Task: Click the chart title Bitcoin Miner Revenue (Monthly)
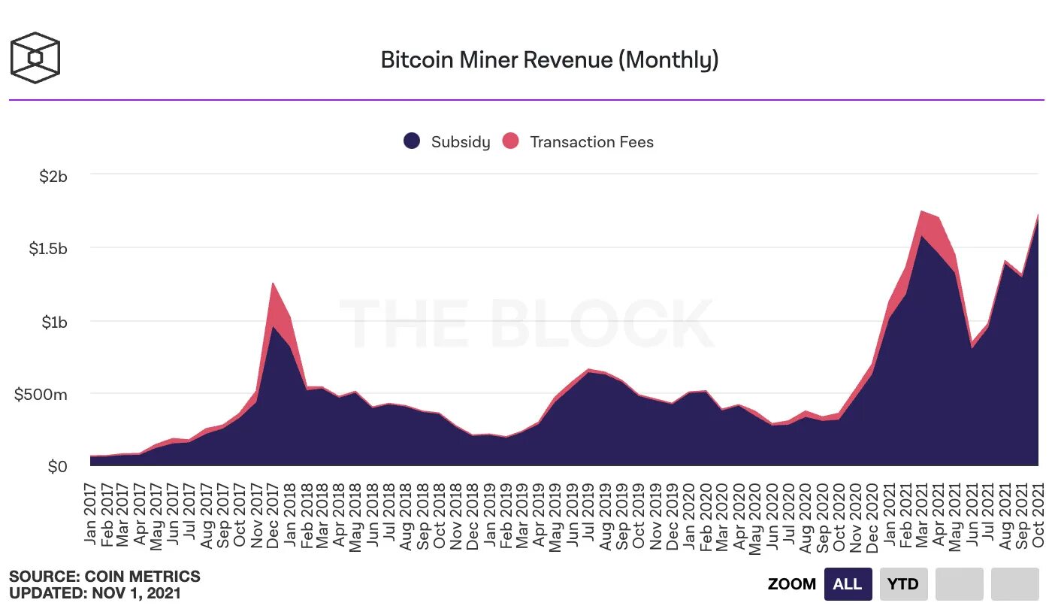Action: (549, 59)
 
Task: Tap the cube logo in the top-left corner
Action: (35, 58)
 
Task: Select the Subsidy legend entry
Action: (447, 141)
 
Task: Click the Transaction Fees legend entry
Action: (578, 141)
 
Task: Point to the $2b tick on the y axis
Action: (53, 176)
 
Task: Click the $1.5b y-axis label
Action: (47, 249)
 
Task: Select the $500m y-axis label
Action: (41, 394)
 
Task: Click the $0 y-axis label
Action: (57, 467)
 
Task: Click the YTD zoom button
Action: (903, 584)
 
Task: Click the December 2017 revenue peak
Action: (274, 284)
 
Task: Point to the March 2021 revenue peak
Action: (922, 212)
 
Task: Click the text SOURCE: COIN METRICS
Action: (104, 577)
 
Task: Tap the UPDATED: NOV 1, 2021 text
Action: (95, 593)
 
